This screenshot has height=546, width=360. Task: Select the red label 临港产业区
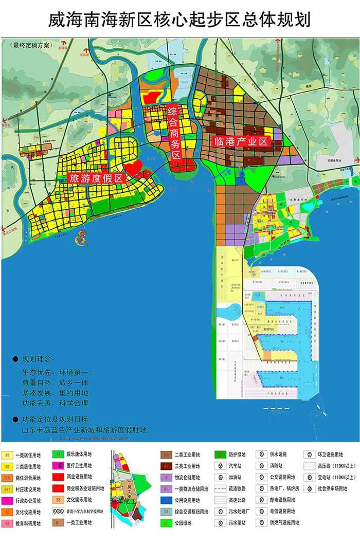pyautogui.click(x=240, y=140)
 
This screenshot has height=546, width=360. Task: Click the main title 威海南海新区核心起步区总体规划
pyautogui.click(x=179, y=20)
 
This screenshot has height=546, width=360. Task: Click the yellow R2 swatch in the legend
pyautogui.click(x=8, y=467)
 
